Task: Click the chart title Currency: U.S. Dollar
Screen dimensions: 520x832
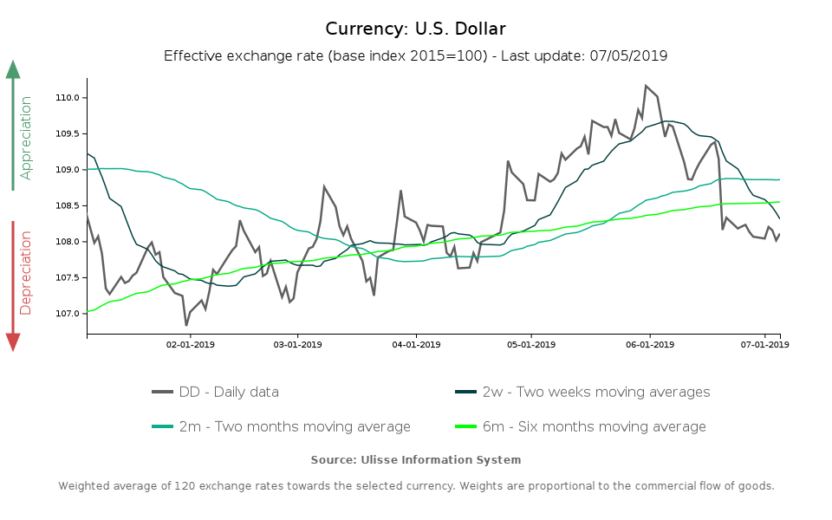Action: pyautogui.click(x=415, y=29)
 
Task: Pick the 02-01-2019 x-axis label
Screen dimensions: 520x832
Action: pyautogui.click(x=190, y=344)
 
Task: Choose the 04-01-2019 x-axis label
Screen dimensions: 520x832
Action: pyautogui.click(x=416, y=344)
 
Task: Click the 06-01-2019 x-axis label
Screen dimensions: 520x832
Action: pyautogui.click(x=649, y=344)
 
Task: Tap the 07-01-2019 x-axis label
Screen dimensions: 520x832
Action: pyautogui.click(x=765, y=344)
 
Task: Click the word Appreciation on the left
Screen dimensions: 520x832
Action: pyautogui.click(x=26, y=138)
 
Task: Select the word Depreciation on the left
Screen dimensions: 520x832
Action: pyautogui.click(x=26, y=272)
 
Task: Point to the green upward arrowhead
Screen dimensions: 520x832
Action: pyautogui.click(x=13, y=69)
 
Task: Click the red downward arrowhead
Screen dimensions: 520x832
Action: pyautogui.click(x=13, y=341)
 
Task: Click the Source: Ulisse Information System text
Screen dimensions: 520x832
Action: pyautogui.click(x=416, y=459)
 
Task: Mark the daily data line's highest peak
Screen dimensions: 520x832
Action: pyautogui.click(x=646, y=85)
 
